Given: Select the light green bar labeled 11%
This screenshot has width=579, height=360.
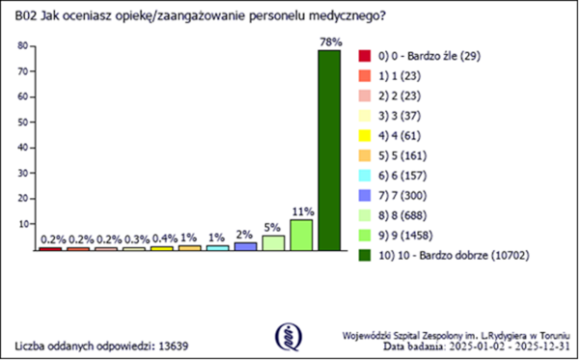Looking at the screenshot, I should click(x=301, y=235).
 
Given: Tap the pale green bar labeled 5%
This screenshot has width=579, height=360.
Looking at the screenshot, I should click(x=273, y=243).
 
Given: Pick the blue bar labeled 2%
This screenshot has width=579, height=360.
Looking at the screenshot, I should click(x=245, y=246).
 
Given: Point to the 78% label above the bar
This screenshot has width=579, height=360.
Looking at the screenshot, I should click(x=329, y=41).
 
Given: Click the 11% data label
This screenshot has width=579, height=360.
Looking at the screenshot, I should click(x=301, y=211).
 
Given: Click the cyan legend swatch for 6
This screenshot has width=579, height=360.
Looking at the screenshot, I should click(x=365, y=175).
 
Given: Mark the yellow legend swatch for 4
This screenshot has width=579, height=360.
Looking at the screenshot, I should click(x=365, y=135).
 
